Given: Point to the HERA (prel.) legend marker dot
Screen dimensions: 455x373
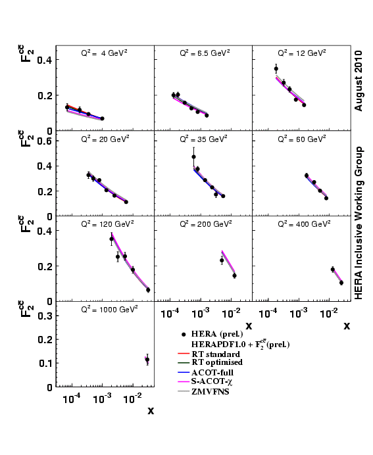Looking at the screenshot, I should (184, 334).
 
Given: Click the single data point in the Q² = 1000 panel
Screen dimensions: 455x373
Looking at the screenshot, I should (147, 360).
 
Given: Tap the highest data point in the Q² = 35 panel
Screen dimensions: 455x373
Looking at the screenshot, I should (193, 156).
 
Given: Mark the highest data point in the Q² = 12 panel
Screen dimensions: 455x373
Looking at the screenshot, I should (276, 68).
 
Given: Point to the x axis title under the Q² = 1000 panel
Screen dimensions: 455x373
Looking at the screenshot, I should (151, 412).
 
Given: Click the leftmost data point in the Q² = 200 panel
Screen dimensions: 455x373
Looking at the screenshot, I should (222, 260).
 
